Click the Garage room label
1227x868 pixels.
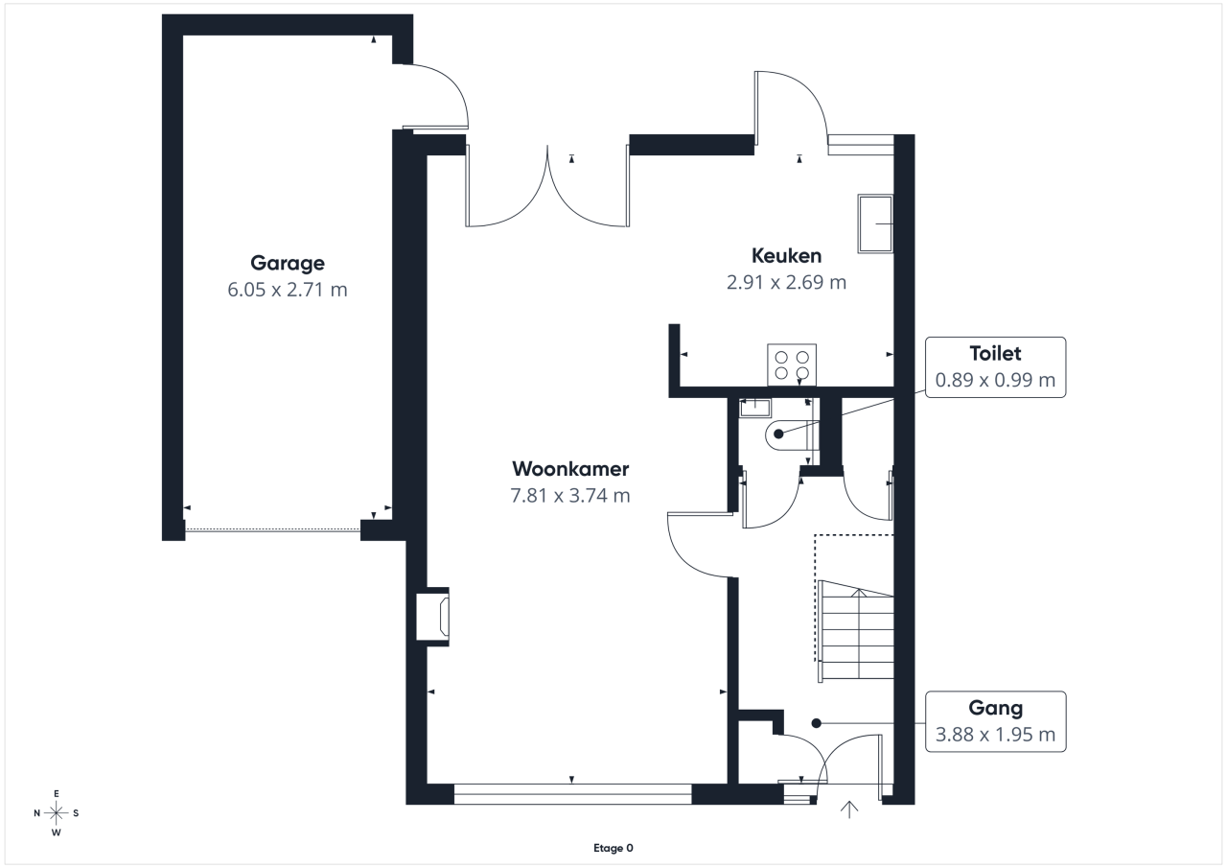tap(288, 264)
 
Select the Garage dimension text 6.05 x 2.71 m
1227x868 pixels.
tap(288, 290)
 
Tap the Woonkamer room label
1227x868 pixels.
tap(570, 469)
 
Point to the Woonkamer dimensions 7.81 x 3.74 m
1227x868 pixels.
tap(570, 495)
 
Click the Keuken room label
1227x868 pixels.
tap(786, 256)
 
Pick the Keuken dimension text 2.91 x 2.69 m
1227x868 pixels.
tap(786, 282)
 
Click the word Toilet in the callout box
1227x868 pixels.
tap(995, 354)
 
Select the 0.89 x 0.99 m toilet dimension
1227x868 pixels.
tap(995, 380)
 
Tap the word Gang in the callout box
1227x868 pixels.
tap(995, 708)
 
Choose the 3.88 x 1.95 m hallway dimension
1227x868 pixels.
tap(995, 735)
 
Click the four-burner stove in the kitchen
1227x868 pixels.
tap(792, 365)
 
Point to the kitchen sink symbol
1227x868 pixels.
tap(875, 223)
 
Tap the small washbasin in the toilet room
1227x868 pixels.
tap(754, 409)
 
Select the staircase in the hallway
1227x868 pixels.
tap(856, 631)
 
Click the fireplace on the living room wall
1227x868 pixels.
tap(432, 617)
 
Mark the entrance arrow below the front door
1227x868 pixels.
tap(849, 809)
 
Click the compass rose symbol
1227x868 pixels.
tap(57, 813)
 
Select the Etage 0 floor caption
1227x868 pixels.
tap(613, 848)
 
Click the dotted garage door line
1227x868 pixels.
tap(272, 529)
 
